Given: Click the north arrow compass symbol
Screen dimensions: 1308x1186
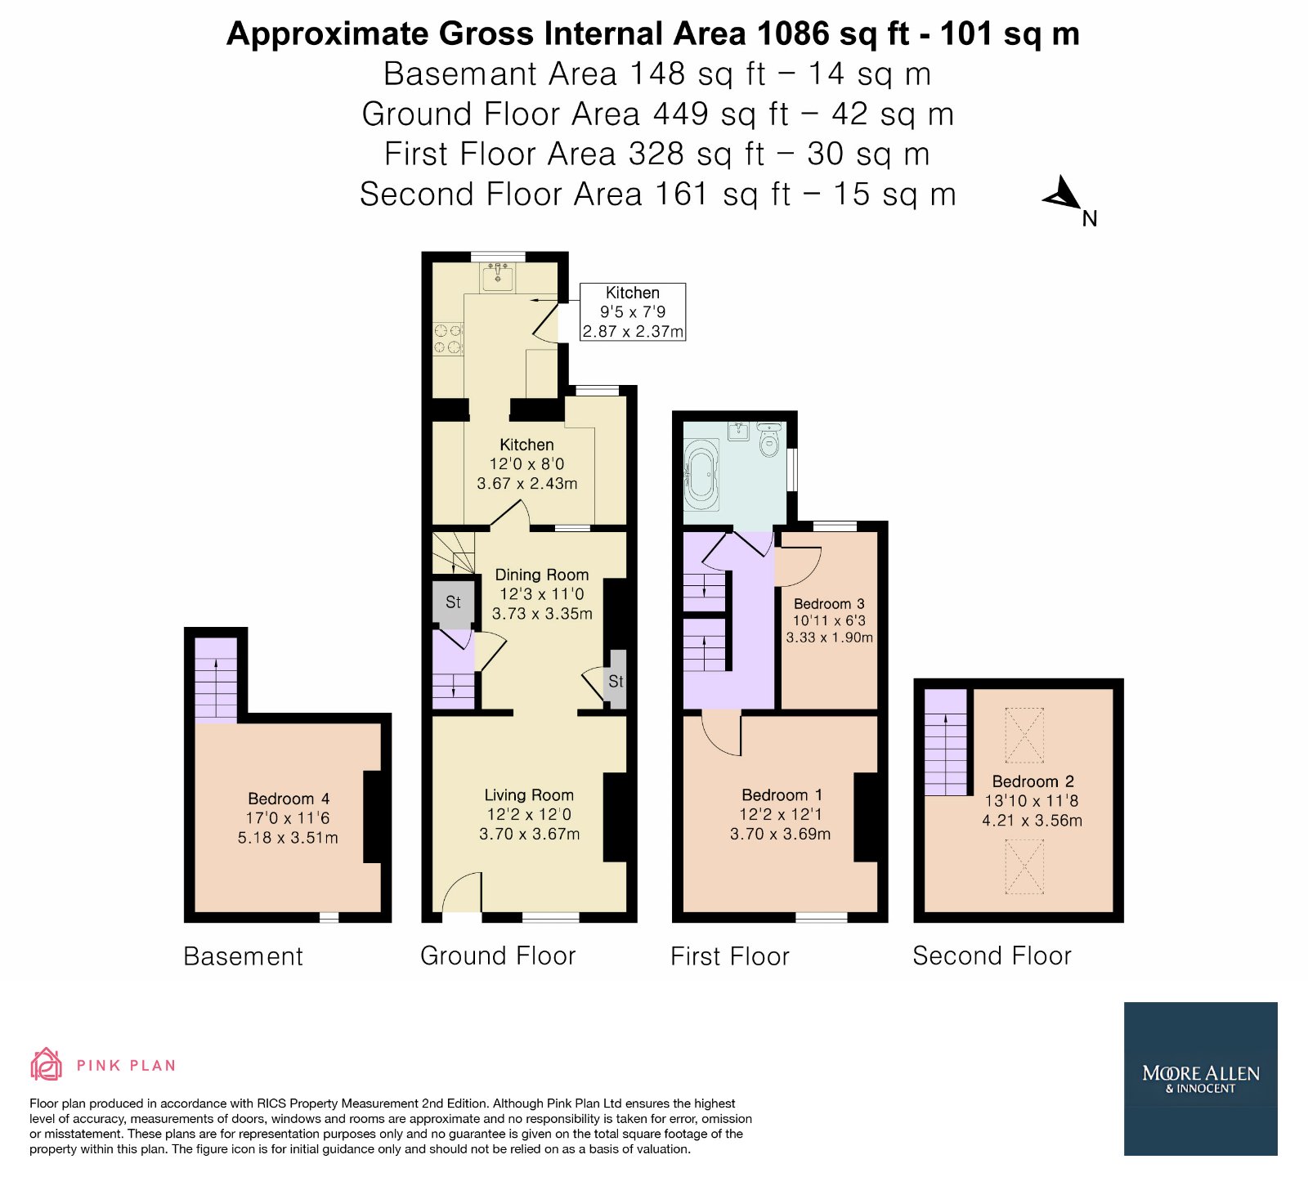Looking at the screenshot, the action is tap(1063, 195).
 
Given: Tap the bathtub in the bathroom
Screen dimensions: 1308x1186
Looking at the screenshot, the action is tap(702, 475).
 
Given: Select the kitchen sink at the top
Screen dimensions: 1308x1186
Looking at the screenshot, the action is tap(497, 276).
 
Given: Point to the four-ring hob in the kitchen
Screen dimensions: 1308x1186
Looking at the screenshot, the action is tap(447, 339).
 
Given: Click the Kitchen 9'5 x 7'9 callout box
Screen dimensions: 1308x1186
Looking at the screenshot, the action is tap(633, 311).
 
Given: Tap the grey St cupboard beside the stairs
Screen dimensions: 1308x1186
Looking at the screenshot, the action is tap(453, 602).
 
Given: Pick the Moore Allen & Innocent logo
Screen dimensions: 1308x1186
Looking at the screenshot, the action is tap(1200, 1078).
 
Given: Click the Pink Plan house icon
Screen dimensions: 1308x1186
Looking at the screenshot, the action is tap(46, 1064).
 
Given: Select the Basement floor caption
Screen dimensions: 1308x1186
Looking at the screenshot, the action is tap(243, 956).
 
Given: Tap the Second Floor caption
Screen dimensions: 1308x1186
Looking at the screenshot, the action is tap(992, 956).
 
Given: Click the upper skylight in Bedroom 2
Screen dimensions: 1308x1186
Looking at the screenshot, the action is tap(1024, 735).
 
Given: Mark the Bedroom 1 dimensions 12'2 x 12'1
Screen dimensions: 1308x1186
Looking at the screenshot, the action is tap(780, 814).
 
